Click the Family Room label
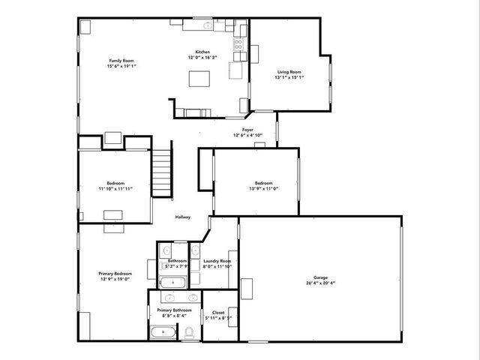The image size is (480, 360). (121, 60)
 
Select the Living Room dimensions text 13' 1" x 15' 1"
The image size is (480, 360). (288, 77)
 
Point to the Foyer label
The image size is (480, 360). (247, 130)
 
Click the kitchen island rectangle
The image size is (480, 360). (199, 79)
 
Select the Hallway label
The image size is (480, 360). (183, 217)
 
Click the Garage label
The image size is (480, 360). (320, 277)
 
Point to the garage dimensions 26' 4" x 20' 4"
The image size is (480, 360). (320, 283)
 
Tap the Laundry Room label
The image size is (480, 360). (217, 260)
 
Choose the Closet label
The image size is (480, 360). (218, 312)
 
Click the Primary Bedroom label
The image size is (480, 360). (115, 274)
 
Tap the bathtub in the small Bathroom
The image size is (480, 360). (172, 282)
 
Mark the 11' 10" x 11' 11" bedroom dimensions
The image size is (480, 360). (115, 189)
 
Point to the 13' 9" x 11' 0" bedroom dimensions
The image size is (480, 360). (263, 189)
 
